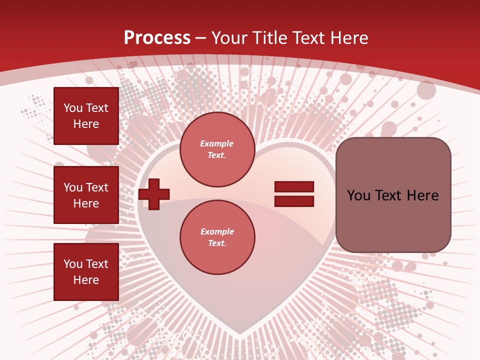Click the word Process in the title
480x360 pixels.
tap(157, 38)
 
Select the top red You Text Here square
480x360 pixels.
tap(86, 116)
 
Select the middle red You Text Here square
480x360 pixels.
tap(86, 195)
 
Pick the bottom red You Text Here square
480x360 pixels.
tap(86, 272)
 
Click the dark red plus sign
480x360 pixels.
tap(154, 193)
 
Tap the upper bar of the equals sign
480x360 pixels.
tap(294, 187)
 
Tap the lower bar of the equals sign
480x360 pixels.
tap(294, 201)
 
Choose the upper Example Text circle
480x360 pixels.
tap(217, 149)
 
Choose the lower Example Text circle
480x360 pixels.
tap(217, 237)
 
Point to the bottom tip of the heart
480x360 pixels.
tap(240, 333)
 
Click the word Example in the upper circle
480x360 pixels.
tap(216, 143)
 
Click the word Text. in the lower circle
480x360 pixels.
tap(217, 243)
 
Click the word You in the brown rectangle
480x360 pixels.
tap(358, 195)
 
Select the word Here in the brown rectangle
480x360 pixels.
tap(422, 195)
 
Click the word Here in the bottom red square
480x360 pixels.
tap(86, 280)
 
